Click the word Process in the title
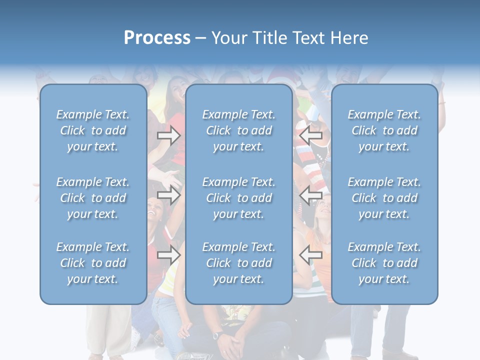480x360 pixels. pyautogui.click(x=157, y=38)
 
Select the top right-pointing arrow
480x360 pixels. pyautogui.click(x=168, y=135)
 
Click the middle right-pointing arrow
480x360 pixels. pyautogui.click(x=168, y=195)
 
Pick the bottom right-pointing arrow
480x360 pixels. pyautogui.click(x=168, y=255)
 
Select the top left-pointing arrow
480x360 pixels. pyautogui.click(x=310, y=135)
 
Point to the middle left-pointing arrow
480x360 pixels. pyautogui.click(x=310, y=195)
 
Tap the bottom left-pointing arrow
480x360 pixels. pyautogui.click(x=310, y=255)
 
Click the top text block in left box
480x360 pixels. pyautogui.click(x=93, y=130)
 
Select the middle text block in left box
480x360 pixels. pyautogui.click(x=93, y=198)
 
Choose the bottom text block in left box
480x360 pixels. pyautogui.click(x=93, y=263)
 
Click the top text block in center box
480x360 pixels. pyautogui.click(x=239, y=130)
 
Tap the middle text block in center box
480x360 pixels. pyautogui.click(x=239, y=198)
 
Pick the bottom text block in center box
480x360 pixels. pyautogui.click(x=239, y=263)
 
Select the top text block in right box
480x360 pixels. pyautogui.click(x=384, y=130)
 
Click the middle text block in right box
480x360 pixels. pyautogui.click(x=384, y=198)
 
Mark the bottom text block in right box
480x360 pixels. pyautogui.click(x=384, y=263)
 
